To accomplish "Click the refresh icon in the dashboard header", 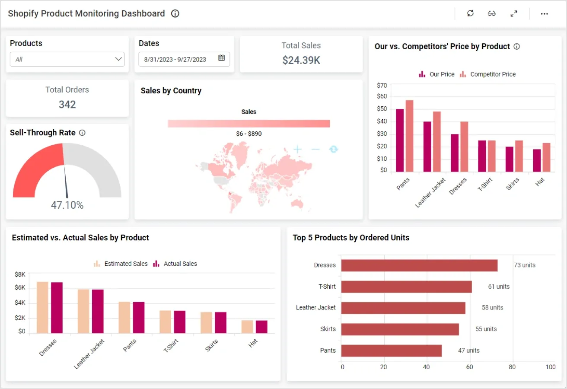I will click(470, 13).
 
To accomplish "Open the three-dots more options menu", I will click(544, 14).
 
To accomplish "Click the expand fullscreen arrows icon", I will click(514, 13).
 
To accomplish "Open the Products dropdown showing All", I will click(67, 59).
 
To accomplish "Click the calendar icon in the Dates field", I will click(221, 58).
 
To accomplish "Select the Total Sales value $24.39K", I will click(301, 60).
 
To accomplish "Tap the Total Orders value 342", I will click(67, 104).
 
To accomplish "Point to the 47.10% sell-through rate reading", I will click(67, 205).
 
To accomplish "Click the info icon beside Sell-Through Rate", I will click(82, 133).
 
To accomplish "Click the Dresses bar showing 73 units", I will click(419, 265).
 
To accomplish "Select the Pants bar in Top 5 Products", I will click(391, 351).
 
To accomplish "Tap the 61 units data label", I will click(499, 287).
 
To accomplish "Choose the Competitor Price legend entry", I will click(488, 74).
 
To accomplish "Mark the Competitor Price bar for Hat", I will click(546, 157).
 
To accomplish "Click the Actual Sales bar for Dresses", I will click(57, 308).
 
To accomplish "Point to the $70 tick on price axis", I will click(382, 85).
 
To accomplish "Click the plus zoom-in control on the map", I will click(297, 150).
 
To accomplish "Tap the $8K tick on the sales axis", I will click(20, 274).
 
